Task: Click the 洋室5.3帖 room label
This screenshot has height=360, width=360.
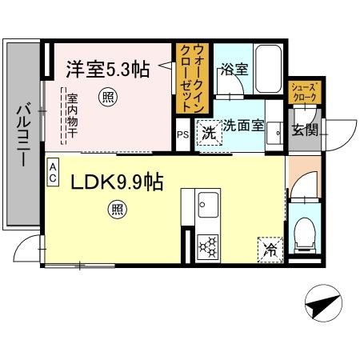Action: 106,70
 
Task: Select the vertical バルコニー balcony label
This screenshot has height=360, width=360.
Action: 24,135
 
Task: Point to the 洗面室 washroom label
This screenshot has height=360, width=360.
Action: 242,126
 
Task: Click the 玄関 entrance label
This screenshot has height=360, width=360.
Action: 304,130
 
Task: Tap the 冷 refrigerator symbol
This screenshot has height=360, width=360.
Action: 270,250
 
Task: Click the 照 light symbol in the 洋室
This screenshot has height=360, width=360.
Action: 106,97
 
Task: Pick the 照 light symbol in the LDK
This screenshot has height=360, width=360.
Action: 118,210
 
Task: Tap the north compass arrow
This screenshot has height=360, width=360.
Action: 322,303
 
